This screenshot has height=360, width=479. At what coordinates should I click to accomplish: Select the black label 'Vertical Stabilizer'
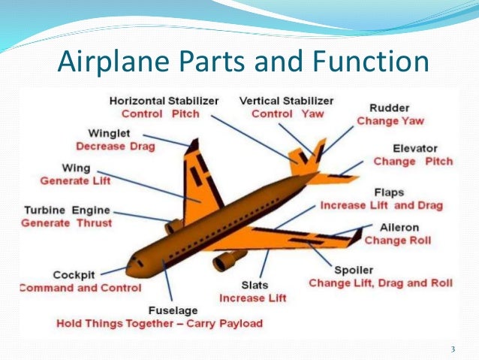point(287,100)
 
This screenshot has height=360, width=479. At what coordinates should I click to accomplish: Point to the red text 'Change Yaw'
point(390,120)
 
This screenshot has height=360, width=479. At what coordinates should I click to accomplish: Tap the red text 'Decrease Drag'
point(116,146)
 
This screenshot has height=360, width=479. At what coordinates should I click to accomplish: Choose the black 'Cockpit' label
point(74,275)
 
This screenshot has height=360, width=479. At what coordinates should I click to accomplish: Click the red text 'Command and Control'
point(80,288)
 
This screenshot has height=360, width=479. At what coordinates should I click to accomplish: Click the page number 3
point(453,349)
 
